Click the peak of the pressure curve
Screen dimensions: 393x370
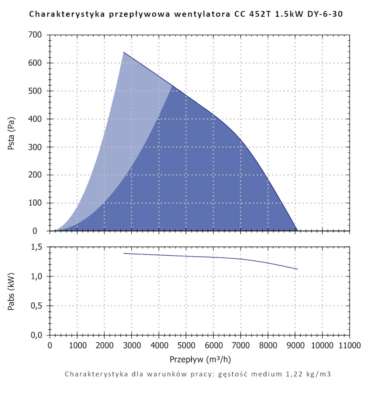tap(124, 52)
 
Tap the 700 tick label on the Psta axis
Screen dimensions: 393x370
tap(37, 35)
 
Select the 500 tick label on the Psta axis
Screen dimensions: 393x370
tap(37, 91)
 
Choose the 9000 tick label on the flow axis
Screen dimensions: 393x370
tap(295, 346)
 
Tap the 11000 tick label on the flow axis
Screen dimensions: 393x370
tap(349, 346)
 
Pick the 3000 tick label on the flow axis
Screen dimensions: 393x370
tap(131, 346)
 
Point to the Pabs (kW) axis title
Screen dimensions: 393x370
tap(11, 291)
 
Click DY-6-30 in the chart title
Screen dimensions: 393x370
tap(327, 15)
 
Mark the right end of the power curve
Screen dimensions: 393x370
tap(297, 269)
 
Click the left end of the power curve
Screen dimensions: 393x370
tap(124, 253)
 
